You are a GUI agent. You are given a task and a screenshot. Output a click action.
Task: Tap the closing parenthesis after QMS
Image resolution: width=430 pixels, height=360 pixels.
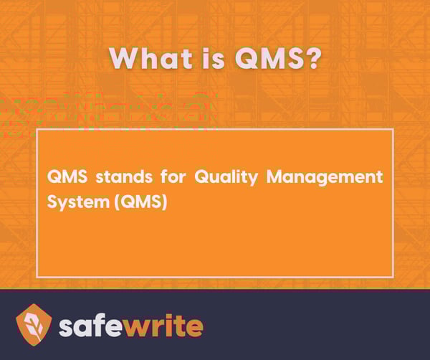pos(164,203)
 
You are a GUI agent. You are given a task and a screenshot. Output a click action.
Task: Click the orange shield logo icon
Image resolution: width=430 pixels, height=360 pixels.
pos(34,323)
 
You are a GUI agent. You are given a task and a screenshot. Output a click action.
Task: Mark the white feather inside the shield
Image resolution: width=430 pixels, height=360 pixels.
pos(34,323)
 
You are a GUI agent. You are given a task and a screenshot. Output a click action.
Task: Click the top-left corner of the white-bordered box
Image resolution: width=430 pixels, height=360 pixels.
pos(37,130)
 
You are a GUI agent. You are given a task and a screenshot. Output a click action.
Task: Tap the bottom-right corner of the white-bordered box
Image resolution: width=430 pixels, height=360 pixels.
pos(393,276)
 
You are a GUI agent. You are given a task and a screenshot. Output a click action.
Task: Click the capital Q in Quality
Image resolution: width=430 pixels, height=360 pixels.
pos(202,177)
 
